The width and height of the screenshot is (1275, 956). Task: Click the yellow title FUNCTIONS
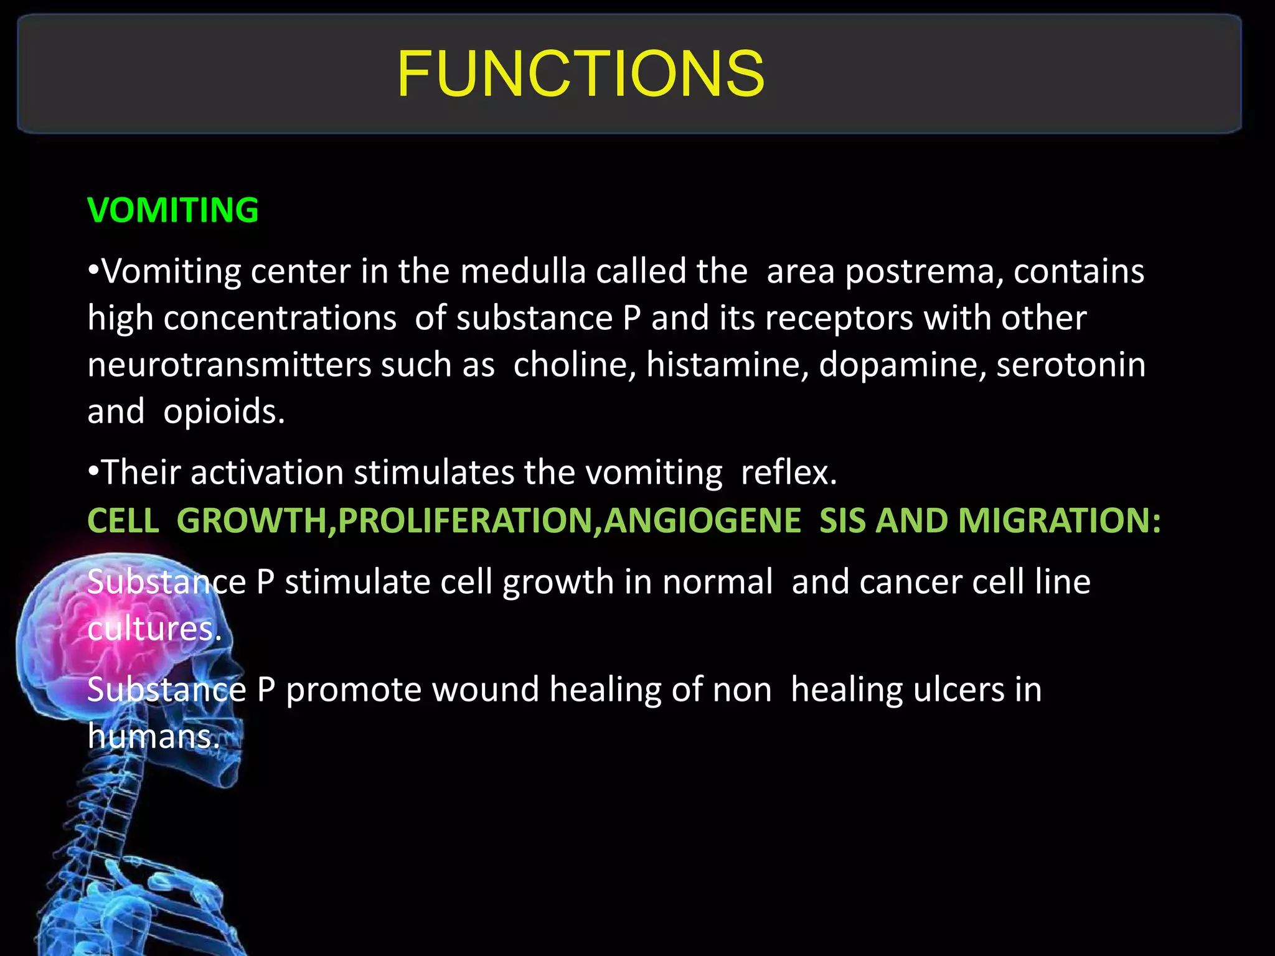(580, 75)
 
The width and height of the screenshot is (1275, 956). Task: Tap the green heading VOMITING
(173, 210)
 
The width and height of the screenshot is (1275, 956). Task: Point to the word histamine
(727, 365)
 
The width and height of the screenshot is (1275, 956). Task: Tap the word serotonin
(1071, 365)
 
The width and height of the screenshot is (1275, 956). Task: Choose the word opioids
(223, 413)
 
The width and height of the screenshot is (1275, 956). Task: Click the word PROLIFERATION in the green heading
(464, 521)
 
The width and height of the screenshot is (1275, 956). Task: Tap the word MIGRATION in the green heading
(1059, 521)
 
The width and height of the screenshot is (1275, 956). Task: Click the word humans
(153, 737)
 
